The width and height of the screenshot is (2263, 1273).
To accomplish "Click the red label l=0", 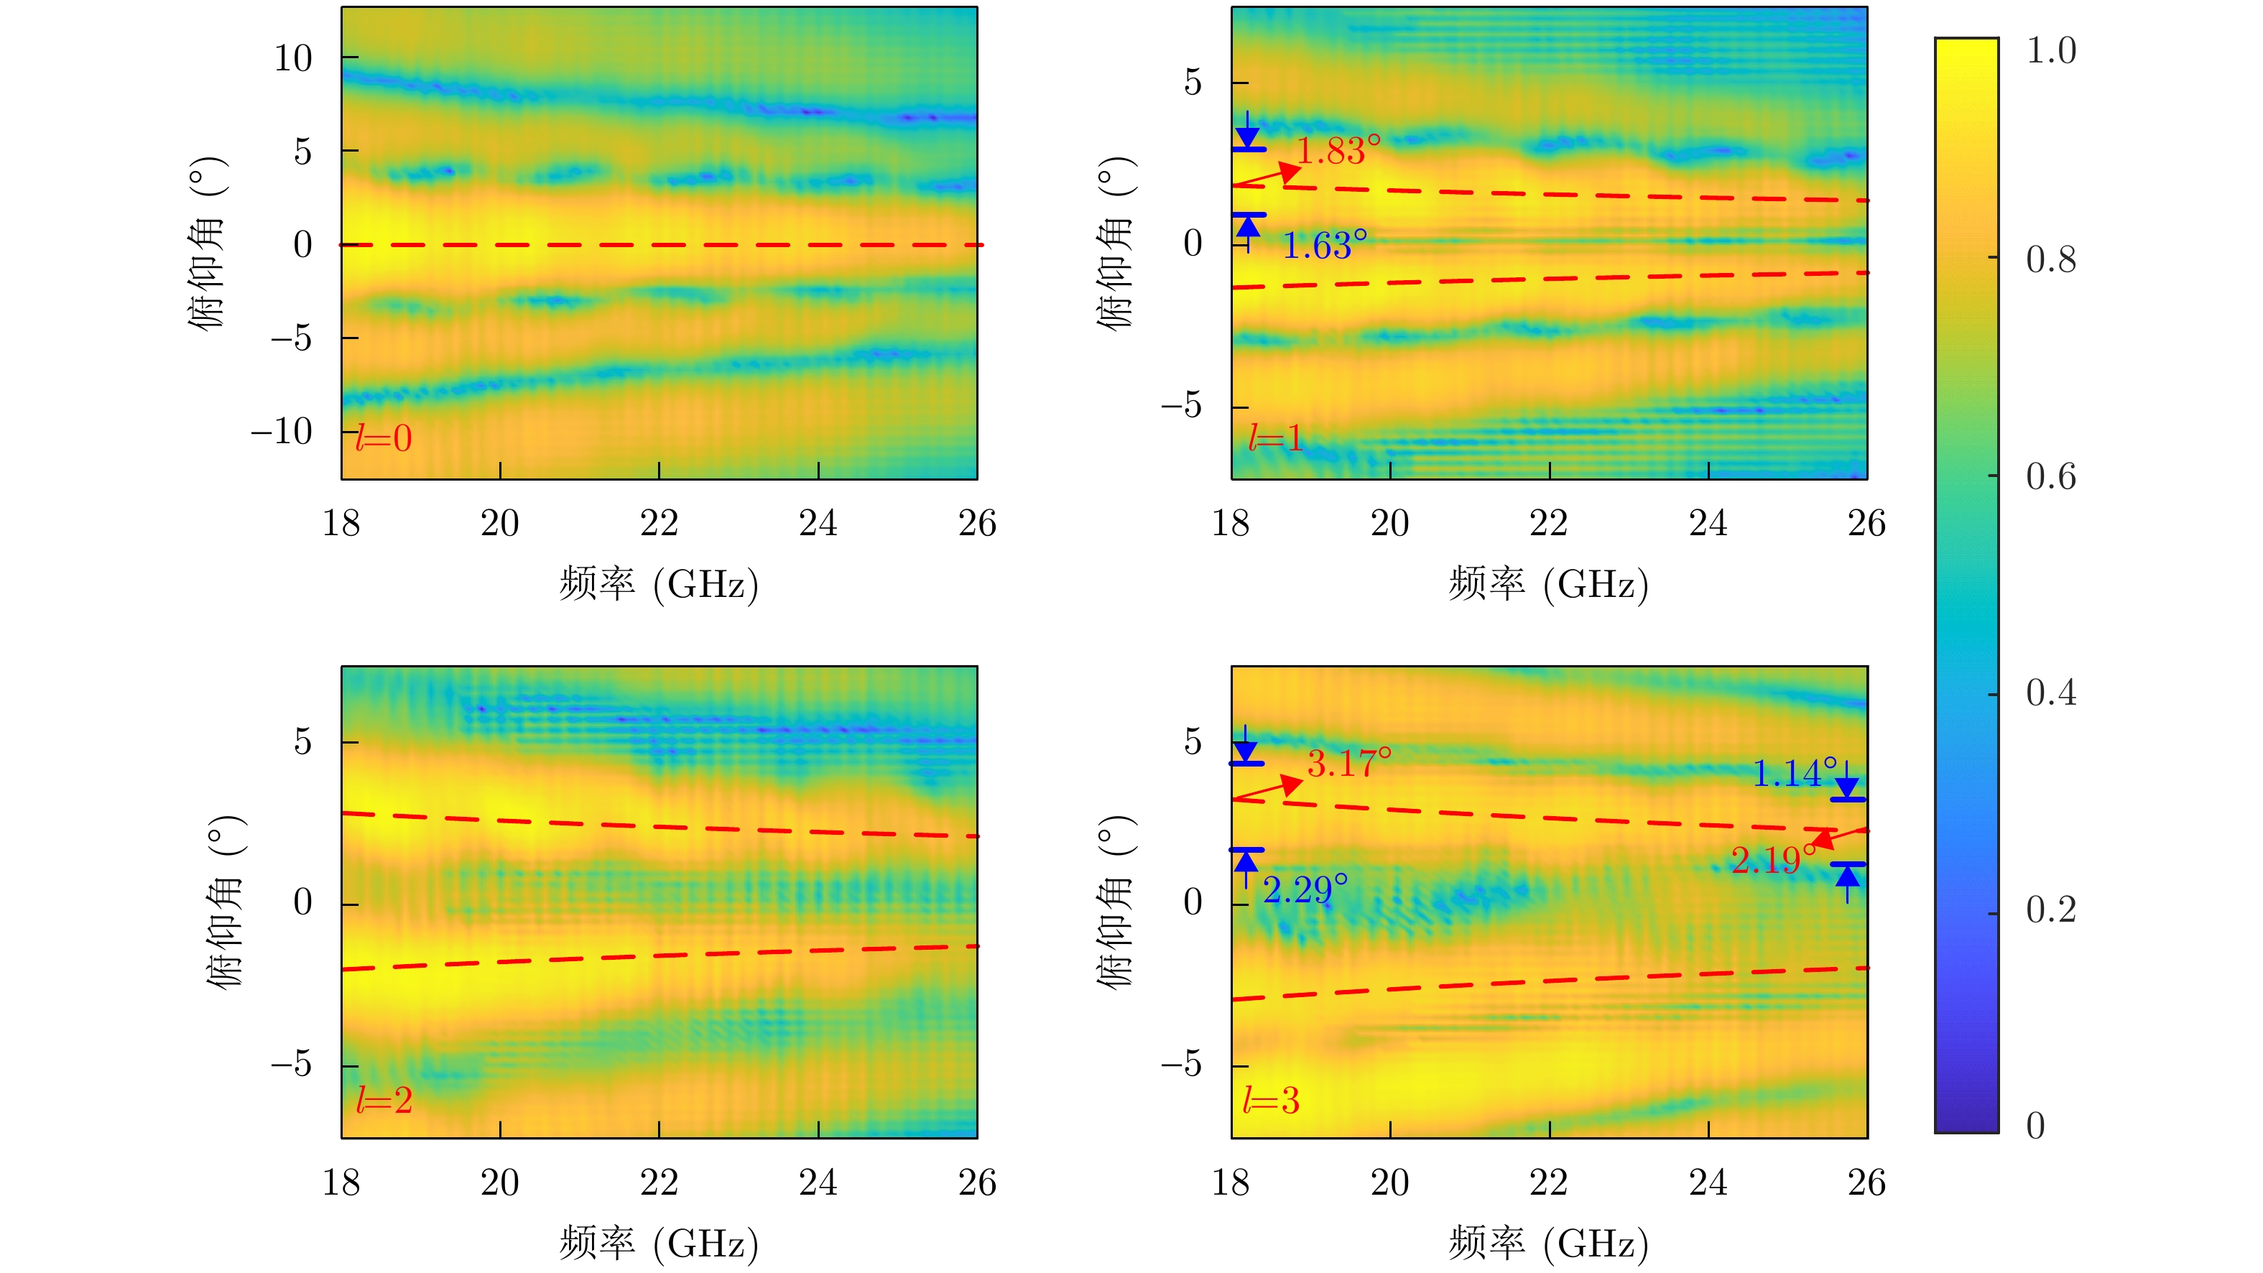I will (x=383, y=438).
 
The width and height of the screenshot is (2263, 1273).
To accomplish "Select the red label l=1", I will (x=1274, y=438).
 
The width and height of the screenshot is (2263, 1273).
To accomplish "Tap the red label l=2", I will (x=384, y=1100).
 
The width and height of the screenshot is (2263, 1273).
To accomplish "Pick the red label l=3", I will (x=1270, y=1100).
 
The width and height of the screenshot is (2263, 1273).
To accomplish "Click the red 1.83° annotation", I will (x=1338, y=151).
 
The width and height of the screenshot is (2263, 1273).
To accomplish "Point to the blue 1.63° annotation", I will (x=1324, y=246).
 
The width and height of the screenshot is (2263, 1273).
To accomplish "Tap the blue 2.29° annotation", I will (x=1305, y=890).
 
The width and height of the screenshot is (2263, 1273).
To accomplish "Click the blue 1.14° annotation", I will (x=1794, y=774).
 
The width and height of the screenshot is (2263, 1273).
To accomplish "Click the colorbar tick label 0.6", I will (x=2050, y=477).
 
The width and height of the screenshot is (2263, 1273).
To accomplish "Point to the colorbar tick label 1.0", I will (x=2050, y=51).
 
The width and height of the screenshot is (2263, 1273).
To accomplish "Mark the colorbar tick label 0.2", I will (x=2050, y=910).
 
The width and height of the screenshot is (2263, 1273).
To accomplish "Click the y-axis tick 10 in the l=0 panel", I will (x=293, y=59).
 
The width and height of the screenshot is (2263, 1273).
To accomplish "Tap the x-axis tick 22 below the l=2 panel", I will (x=659, y=1182).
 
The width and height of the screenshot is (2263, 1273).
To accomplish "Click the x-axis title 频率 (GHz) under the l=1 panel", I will (x=1548, y=584).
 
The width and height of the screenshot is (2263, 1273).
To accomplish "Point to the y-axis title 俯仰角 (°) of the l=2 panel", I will (x=226, y=902).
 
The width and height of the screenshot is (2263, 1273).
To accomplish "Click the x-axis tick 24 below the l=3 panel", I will (x=1708, y=1182).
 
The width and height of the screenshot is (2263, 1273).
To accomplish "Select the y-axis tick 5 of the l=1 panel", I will (x=1192, y=83).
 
